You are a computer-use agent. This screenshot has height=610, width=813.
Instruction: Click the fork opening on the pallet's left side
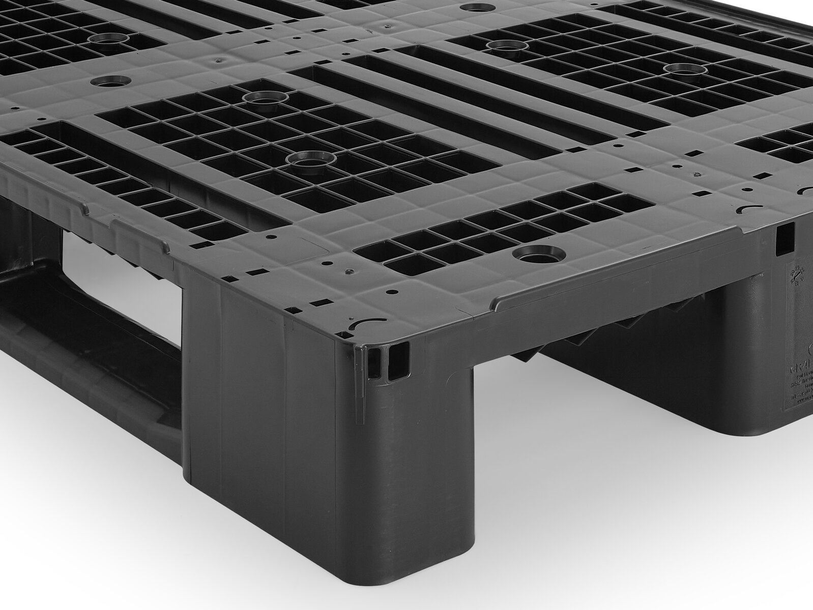tap(122, 285)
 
